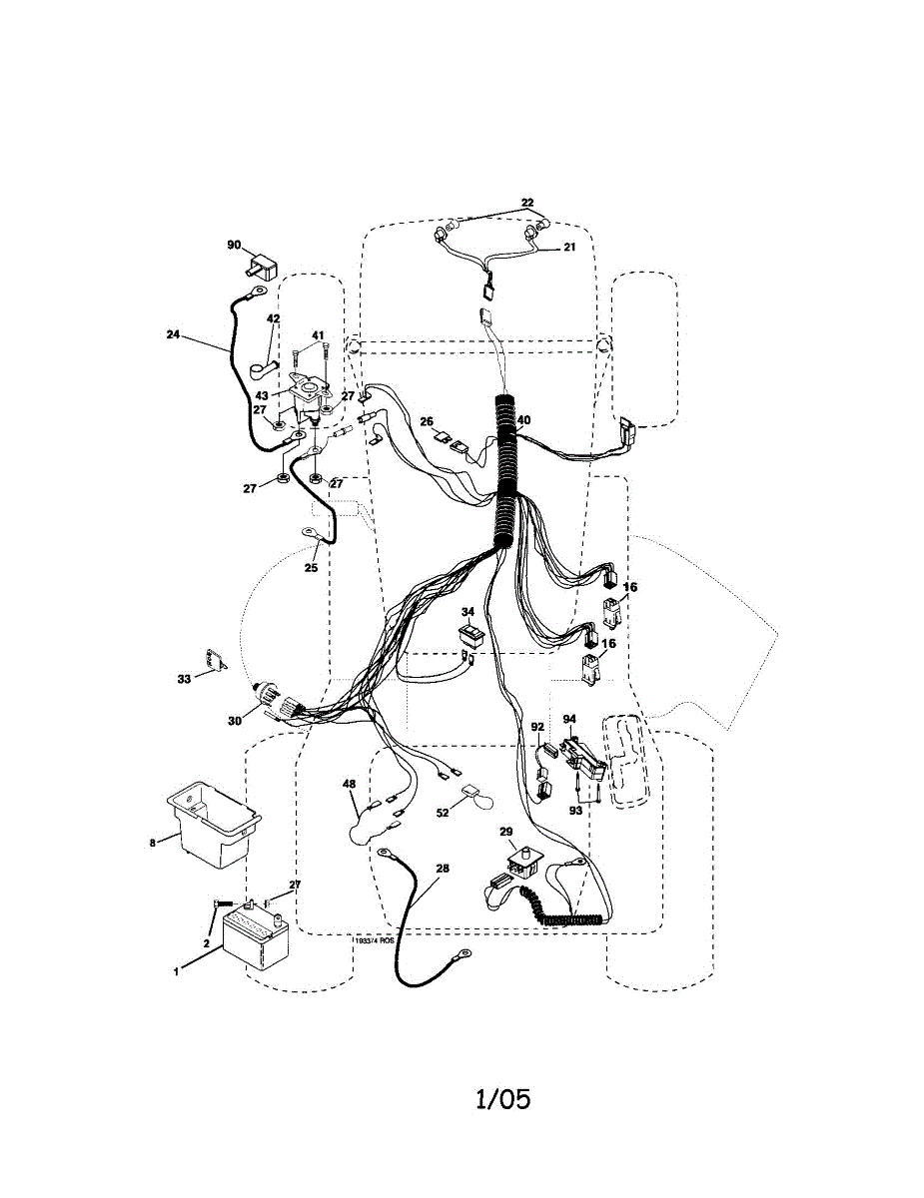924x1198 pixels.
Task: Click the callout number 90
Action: click(x=234, y=245)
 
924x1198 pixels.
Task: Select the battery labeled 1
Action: click(x=256, y=937)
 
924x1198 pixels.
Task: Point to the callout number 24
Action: click(x=174, y=335)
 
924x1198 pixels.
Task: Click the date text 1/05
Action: click(x=502, y=1100)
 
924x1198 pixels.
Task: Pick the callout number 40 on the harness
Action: click(x=523, y=420)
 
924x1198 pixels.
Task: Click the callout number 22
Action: click(x=527, y=203)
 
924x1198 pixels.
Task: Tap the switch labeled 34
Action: click(x=469, y=636)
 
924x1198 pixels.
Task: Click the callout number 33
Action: click(x=184, y=679)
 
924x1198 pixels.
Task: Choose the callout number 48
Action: click(x=350, y=785)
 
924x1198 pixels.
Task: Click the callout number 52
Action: click(x=443, y=813)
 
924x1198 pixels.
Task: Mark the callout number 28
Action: click(x=443, y=869)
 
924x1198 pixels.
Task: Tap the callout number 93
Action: click(x=576, y=811)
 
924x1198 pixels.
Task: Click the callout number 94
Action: click(x=569, y=718)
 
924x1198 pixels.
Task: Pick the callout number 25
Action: click(x=311, y=567)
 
